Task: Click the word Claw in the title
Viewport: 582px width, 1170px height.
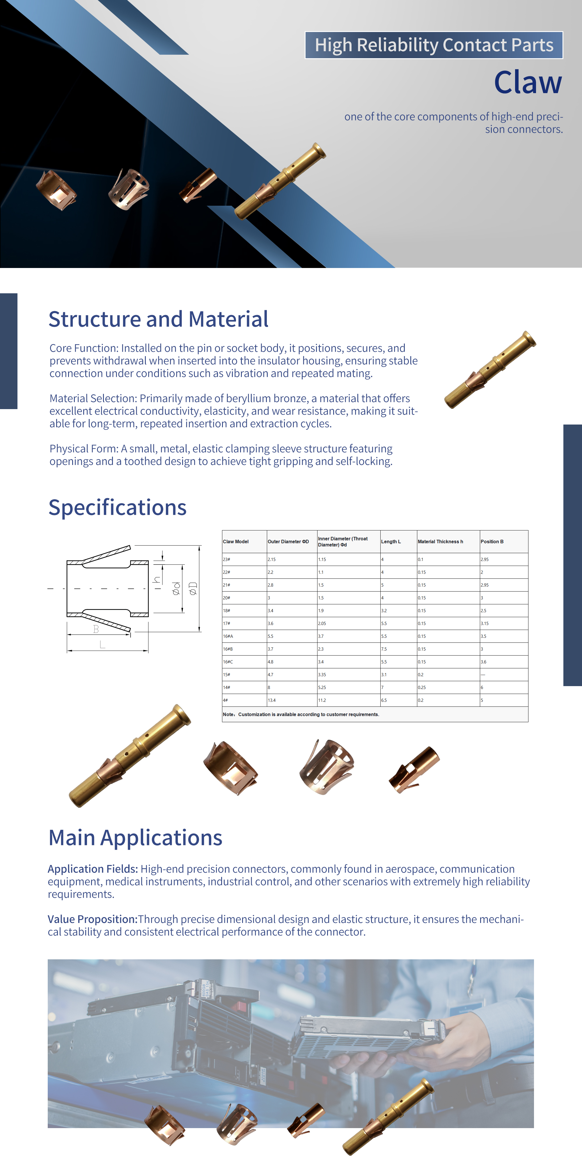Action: [528, 82]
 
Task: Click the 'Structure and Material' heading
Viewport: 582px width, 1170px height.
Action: [158, 319]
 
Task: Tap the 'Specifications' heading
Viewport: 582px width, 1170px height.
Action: [117, 508]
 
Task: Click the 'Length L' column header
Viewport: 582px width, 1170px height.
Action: [391, 541]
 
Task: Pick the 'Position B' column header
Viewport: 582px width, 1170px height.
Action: [492, 541]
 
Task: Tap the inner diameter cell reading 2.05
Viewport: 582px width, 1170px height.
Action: [322, 624]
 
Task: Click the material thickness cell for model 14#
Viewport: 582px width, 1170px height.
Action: [422, 688]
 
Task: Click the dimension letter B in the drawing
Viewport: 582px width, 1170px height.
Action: [96, 629]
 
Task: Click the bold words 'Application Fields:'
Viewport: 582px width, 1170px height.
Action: [93, 869]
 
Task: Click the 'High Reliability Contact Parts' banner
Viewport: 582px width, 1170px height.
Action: [434, 45]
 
